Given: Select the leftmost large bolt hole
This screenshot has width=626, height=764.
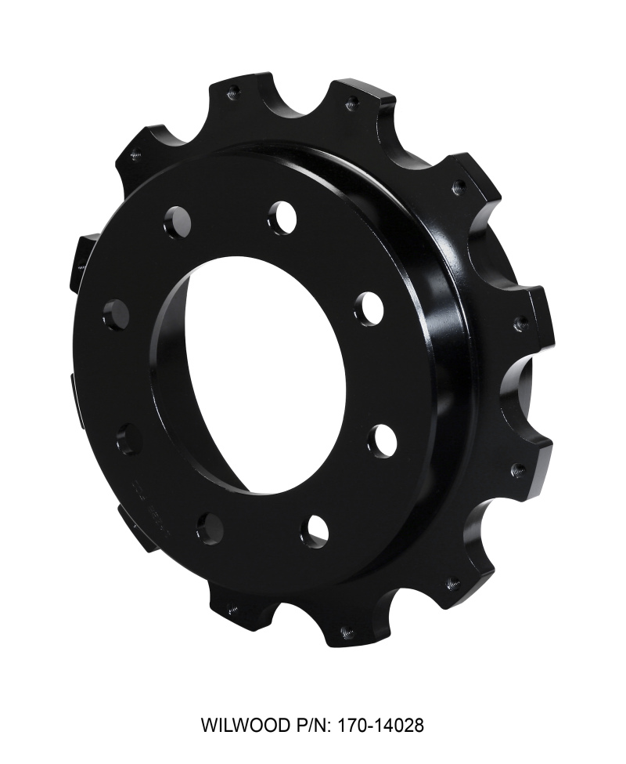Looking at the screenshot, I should pos(116,314).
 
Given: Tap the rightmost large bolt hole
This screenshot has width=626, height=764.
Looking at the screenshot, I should pos(382,441).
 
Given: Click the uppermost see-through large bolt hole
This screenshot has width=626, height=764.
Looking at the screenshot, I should pos(282,217).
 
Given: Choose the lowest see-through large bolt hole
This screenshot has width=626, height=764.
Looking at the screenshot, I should pos(315,531).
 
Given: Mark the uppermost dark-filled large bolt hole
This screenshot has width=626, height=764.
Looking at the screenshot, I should pos(178,223).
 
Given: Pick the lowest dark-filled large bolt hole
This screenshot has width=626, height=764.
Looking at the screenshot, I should pos(210,528).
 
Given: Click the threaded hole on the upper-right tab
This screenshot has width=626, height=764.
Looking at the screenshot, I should pos(459,187).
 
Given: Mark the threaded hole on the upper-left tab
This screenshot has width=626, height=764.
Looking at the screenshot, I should pos(135,154).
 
